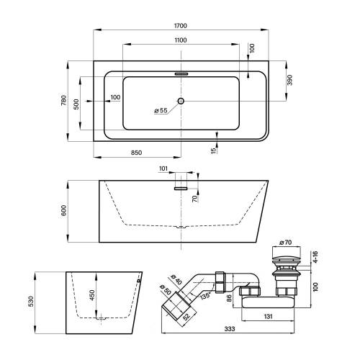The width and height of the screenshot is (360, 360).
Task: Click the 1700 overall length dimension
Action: tap(181, 25)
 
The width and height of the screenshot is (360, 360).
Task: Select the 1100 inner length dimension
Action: tap(181, 40)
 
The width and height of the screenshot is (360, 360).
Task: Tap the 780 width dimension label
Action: tap(63, 101)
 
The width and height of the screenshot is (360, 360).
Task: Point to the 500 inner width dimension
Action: tap(76, 104)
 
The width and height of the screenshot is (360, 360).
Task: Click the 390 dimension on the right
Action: tap(290, 80)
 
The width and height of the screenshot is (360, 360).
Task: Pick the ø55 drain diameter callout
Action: tap(161, 110)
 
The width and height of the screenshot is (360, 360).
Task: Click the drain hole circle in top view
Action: tap(181, 101)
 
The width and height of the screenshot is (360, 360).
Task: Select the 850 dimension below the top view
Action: tap(136, 153)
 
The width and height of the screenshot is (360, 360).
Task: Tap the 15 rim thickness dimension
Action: tap(213, 150)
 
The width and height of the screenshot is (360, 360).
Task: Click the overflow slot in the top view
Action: tap(181, 74)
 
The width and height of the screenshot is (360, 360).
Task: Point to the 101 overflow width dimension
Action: tap(163, 168)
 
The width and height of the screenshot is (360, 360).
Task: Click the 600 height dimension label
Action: tap(63, 210)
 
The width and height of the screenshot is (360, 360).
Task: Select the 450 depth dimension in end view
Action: tap(92, 295)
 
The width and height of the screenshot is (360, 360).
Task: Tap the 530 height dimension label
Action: tap(31, 301)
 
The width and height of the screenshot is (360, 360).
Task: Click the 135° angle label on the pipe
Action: tap(205, 295)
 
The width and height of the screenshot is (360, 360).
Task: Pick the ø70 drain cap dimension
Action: tap(286, 243)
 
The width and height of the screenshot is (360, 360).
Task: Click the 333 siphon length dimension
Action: tap(230, 329)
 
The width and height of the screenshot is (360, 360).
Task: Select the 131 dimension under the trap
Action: tap(268, 317)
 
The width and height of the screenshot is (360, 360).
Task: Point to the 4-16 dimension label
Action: tap(315, 257)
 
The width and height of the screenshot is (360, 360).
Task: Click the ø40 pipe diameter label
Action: tap(176, 280)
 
